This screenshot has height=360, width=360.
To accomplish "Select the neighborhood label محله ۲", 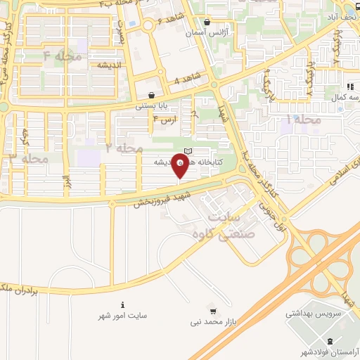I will [124, 148].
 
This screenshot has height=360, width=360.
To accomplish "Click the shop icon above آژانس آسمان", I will [206, 22].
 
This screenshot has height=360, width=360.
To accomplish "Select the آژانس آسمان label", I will [207, 34].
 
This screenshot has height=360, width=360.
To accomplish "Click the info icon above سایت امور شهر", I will [124, 305].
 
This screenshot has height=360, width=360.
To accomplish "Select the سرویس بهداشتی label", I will [311, 315].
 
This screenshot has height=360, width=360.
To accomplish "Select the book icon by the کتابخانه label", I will [187, 151].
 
